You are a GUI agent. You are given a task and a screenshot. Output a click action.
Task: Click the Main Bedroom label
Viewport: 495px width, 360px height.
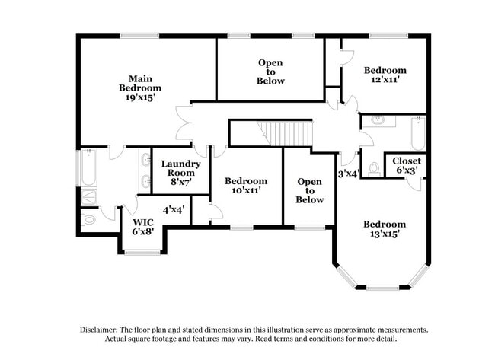tap(139, 83)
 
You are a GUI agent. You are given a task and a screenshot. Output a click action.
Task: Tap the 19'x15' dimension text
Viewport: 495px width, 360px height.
tap(139, 98)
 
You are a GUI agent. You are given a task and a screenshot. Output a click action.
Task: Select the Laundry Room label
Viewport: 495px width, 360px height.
tap(181, 168)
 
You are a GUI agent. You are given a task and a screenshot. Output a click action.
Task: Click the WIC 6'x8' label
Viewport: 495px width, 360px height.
tap(143, 226)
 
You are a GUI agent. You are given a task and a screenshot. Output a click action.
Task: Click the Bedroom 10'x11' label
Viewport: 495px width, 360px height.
tap(246, 186)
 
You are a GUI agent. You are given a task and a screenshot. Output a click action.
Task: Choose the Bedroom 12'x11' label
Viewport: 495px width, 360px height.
tap(385, 74)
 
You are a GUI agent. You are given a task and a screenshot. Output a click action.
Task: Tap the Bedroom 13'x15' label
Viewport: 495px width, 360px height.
tap(384, 229)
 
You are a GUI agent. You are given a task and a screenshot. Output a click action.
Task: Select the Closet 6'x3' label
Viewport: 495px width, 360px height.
tap(405, 165)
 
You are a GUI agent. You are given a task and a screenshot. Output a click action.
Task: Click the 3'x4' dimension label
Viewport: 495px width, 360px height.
tap(350, 174)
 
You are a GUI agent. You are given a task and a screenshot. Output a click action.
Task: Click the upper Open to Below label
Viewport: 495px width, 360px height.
tap(270, 72)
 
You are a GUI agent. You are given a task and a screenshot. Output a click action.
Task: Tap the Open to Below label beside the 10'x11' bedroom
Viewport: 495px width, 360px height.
tap(309, 190)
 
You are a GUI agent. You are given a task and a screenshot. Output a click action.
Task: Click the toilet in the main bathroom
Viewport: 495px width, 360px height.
tap(88, 220)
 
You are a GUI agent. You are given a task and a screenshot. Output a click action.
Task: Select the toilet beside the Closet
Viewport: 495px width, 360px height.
tap(374, 169)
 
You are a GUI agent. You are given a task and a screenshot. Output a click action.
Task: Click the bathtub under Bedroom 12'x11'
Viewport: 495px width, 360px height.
tap(417, 134)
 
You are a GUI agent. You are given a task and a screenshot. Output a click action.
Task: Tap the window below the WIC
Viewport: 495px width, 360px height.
tap(142, 251)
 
